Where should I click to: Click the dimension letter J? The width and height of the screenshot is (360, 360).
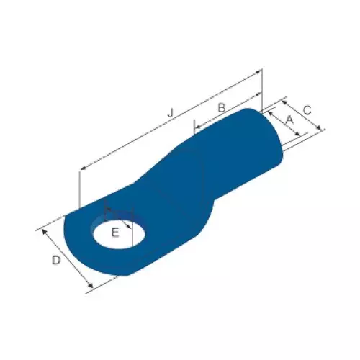(x=171, y=112)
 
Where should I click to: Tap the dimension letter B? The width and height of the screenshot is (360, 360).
(x=222, y=107)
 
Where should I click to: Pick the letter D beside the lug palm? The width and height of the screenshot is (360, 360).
(x=55, y=261)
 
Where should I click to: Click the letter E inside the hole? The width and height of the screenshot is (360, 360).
(x=115, y=232)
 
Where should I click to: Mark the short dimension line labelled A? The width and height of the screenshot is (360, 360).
(x=283, y=125)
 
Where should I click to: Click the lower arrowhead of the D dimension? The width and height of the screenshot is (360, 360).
(x=91, y=289)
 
